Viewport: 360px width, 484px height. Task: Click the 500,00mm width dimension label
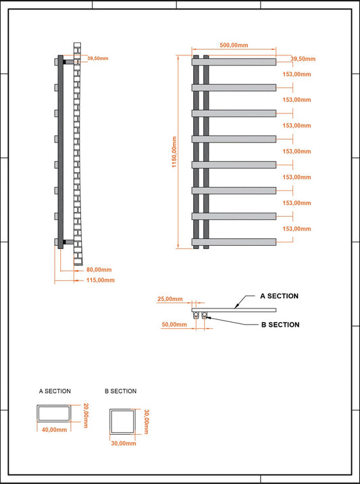point(234,45)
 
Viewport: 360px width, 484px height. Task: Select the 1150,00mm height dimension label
point(174,152)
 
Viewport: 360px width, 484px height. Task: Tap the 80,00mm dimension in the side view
point(99,270)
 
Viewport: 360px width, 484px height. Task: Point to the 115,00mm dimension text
point(101,280)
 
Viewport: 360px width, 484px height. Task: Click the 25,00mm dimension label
point(170,299)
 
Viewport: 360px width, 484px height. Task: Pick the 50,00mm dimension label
point(174,325)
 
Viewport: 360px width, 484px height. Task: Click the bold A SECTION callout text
point(279,296)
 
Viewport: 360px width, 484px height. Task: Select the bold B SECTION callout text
point(280,325)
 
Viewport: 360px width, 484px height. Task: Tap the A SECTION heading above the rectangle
point(55,391)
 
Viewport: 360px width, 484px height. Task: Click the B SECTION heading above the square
point(120,391)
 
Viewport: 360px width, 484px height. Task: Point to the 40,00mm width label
point(54,430)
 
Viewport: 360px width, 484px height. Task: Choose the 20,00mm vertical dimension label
point(86,416)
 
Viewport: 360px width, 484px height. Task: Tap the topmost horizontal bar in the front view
point(234,62)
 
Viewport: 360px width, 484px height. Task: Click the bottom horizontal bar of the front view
point(234,242)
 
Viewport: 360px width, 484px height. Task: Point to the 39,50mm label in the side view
point(97,58)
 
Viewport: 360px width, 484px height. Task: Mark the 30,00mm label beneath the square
point(124,443)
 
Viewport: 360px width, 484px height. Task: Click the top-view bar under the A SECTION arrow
point(234,310)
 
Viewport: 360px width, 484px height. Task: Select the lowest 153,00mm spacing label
point(297,229)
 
